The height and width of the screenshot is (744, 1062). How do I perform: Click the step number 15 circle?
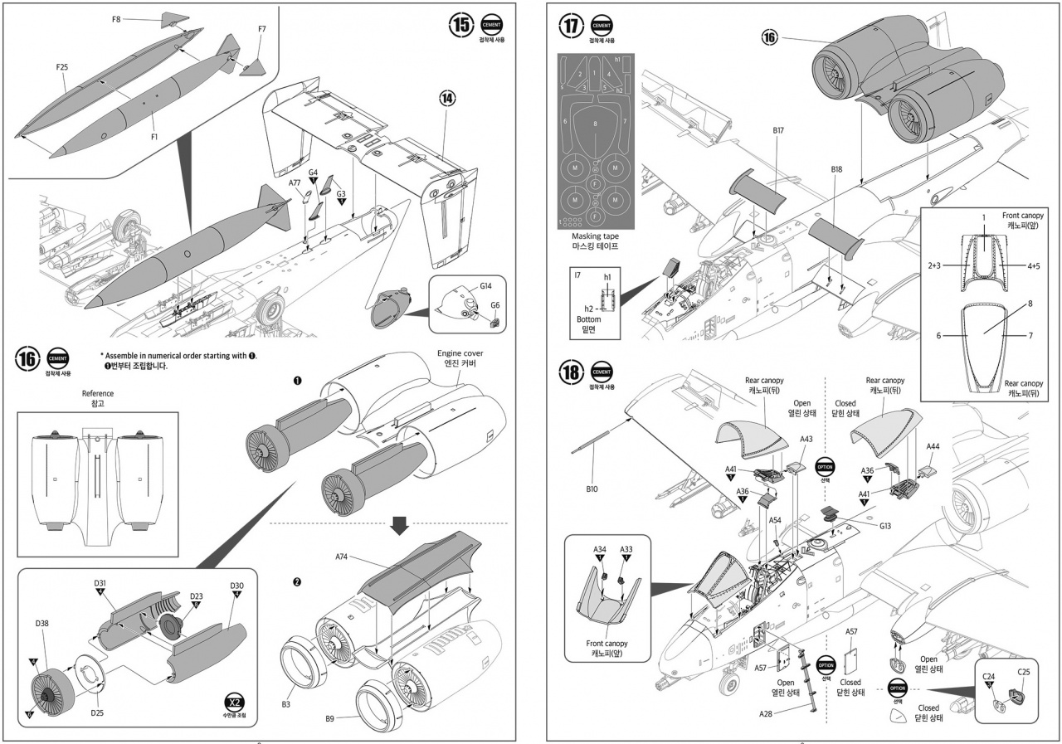click(x=461, y=25)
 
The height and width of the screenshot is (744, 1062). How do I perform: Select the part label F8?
click(x=117, y=17)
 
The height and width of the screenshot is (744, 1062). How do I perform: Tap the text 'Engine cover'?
click(x=460, y=353)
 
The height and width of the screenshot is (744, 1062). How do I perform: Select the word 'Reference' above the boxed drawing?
click(x=98, y=393)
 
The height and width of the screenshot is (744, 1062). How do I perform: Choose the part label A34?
click(x=600, y=548)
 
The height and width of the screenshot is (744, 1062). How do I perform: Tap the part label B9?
click(x=329, y=720)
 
